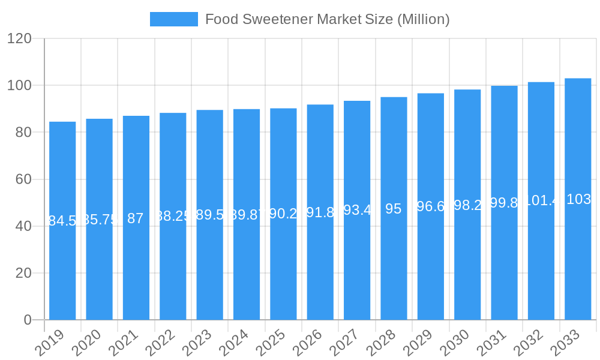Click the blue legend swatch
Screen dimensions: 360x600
click(173, 19)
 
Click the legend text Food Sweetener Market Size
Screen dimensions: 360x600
click(327, 19)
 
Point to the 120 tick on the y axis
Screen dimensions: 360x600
click(19, 39)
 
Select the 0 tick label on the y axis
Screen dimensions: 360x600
click(28, 320)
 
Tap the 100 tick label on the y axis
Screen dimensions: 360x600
click(19, 86)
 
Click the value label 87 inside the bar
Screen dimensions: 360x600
click(136, 218)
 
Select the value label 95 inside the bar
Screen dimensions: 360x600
click(394, 209)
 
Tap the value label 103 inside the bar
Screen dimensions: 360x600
click(578, 200)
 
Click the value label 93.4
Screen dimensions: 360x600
click(357, 211)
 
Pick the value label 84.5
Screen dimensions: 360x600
click(62, 221)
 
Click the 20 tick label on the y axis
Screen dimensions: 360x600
click(23, 273)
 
